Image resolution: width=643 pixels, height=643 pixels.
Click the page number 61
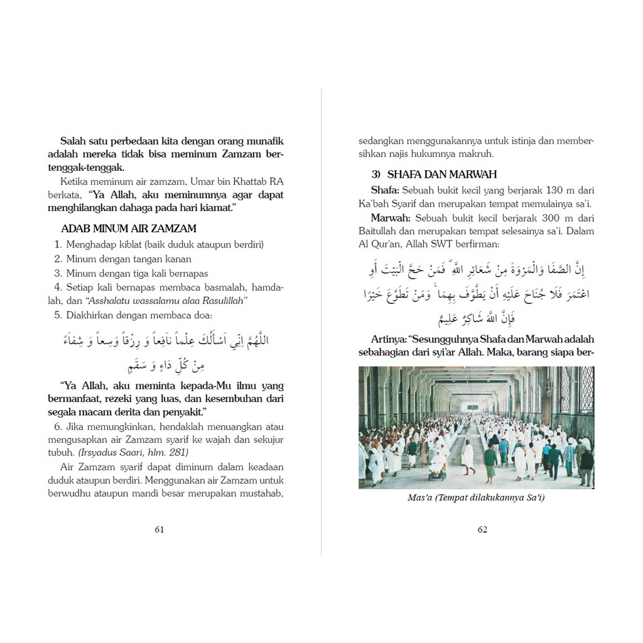[x=159, y=529]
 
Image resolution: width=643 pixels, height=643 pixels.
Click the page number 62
[x=482, y=529]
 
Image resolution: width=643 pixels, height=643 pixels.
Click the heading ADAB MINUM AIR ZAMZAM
[x=129, y=229]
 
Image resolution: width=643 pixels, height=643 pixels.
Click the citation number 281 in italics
[x=178, y=452]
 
